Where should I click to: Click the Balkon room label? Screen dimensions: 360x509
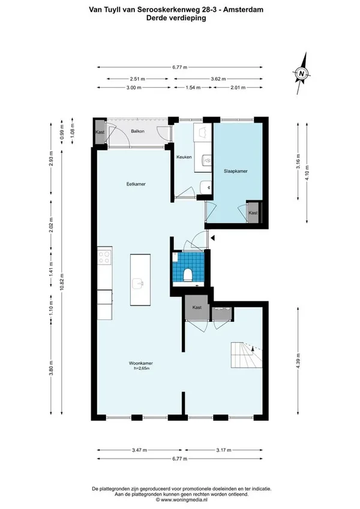[x=137, y=131]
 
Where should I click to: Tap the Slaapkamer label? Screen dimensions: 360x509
[x=235, y=171]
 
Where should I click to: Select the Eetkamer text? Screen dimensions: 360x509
[x=136, y=184]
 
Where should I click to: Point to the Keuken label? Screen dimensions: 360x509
[x=184, y=157]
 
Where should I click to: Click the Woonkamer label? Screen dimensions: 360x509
[x=141, y=363]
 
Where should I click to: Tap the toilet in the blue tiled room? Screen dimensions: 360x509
[x=188, y=275]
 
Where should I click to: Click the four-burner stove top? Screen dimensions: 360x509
[x=104, y=257]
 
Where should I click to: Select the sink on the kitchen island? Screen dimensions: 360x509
[x=138, y=283]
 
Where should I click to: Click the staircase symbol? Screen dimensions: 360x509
[x=247, y=355]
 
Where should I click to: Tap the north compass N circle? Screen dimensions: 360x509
[x=302, y=73]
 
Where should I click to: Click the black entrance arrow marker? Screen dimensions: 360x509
[x=212, y=238]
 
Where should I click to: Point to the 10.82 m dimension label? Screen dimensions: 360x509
[x=62, y=283]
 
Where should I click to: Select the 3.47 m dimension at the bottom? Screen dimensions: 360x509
[x=140, y=450]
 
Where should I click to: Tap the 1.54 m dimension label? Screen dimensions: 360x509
[x=193, y=87]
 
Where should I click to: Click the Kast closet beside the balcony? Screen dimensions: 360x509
[x=100, y=132]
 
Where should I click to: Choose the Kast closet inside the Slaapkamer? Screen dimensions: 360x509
[x=253, y=212]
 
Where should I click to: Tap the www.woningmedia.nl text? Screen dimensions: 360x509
[x=184, y=499]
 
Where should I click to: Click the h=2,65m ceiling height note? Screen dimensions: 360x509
[x=142, y=369]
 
